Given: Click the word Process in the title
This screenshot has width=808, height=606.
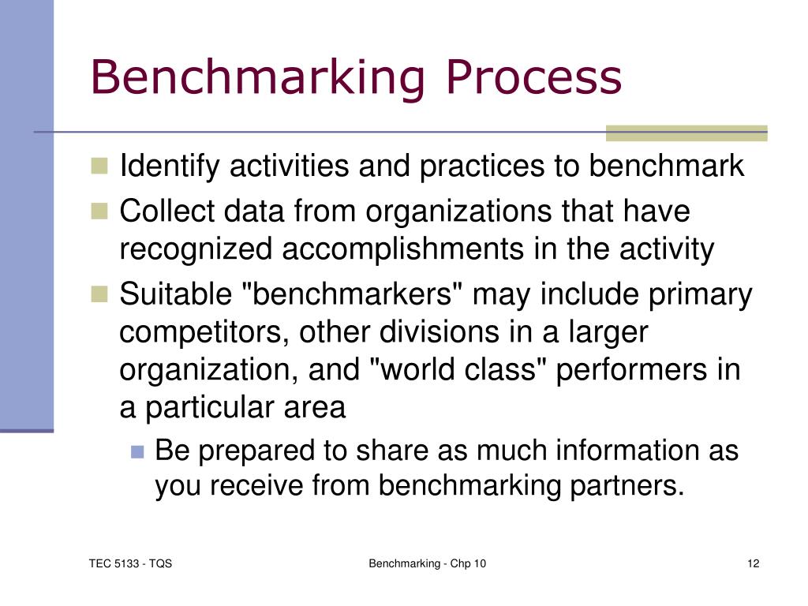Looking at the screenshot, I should tap(533, 78).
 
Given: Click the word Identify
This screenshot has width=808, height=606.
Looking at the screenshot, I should tap(165, 167).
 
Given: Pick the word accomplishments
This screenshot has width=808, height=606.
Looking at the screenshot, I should tap(403, 250).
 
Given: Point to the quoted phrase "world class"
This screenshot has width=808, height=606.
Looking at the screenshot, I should tap(458, 370).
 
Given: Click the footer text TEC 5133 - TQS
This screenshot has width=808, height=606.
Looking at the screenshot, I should tap(130, 563).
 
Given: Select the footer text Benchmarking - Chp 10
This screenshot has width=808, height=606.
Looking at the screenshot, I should tap(427, 563).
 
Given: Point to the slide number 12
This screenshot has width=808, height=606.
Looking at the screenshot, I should tap(753, 563).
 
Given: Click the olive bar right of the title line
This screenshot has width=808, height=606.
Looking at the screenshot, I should tap(686, 133).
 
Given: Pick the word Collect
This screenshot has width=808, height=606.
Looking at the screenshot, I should tap(166, 212).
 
